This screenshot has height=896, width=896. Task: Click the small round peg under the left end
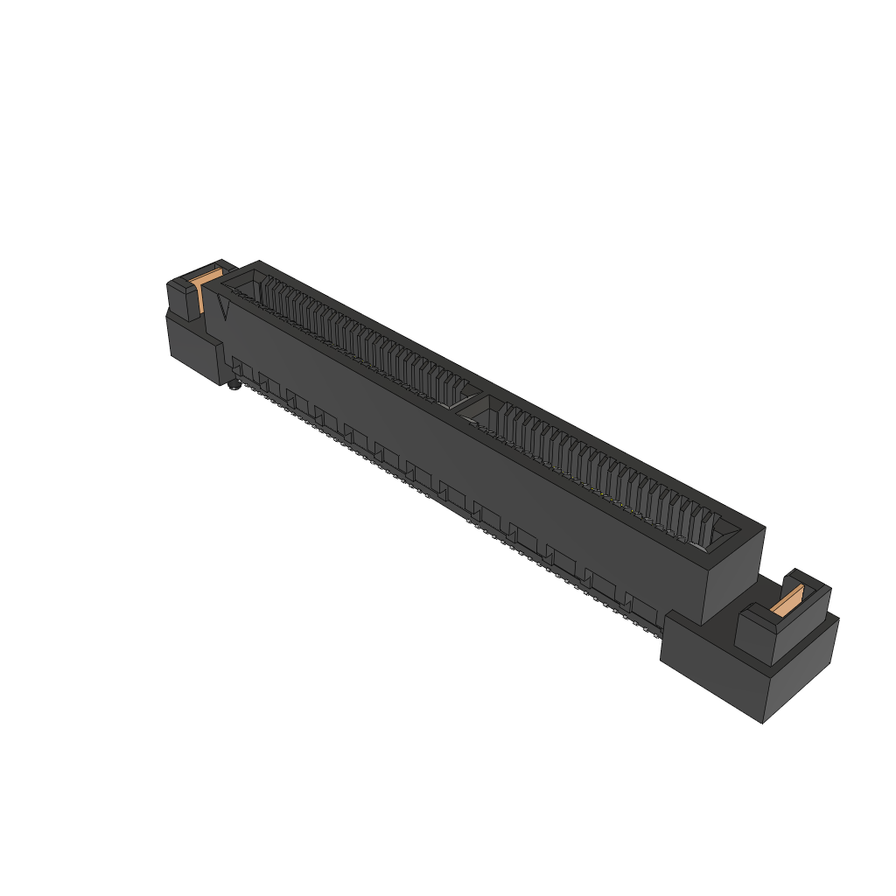[234, 386]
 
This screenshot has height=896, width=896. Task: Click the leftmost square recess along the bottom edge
[238, 364]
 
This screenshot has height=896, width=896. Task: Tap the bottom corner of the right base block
[763, 722]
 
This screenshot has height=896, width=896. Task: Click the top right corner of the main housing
[764, 528]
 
